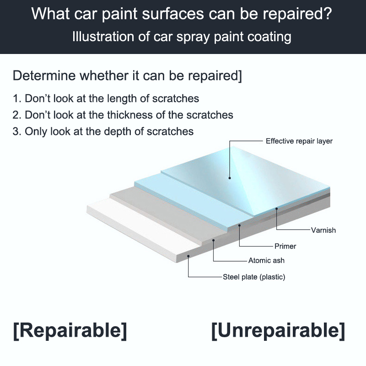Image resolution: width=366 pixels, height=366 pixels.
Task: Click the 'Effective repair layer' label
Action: tap(299, 141)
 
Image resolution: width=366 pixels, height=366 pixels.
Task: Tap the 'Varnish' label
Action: tap(323, 230)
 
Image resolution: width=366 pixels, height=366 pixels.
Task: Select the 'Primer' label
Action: tap(285, 246)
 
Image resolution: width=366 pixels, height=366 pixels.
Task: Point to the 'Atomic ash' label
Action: tap(266, 260)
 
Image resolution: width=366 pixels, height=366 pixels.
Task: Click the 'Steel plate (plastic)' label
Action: tap(254, 277)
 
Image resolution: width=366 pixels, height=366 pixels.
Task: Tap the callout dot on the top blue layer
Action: tap(230, 178)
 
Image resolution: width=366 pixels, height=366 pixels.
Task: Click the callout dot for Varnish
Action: tap(277, 209)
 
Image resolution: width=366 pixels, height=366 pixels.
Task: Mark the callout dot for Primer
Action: tap(239, 225)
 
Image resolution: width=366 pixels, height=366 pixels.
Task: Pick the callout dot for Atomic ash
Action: tap(213, 240)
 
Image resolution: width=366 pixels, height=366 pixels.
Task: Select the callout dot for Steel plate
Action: tap(188, 256)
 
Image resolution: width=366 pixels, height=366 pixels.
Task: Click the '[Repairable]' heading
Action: tap(70, 330)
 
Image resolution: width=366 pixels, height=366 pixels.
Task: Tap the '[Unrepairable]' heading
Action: tap(278, 330)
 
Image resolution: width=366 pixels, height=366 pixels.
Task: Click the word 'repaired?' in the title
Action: tap(297, 14)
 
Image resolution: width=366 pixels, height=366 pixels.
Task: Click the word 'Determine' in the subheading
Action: tap(44, 75)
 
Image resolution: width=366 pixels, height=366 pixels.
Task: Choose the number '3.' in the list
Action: tap(17, 131)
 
